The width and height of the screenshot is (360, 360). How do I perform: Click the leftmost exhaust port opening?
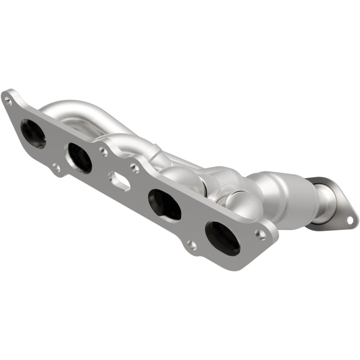(33, 133)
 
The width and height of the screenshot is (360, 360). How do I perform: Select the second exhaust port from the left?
(79, 158)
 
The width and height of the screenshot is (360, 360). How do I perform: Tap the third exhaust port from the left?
(164, 204)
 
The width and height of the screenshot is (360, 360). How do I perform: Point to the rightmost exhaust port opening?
(222, 238)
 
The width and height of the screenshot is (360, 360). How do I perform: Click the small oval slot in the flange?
(119, 181)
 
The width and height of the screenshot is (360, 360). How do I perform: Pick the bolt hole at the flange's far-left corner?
(8, 101)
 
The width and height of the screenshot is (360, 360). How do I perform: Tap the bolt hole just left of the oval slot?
(102, 150)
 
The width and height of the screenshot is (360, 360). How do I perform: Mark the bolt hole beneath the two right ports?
(191, 244)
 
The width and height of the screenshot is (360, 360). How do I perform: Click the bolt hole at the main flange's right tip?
(260, 233)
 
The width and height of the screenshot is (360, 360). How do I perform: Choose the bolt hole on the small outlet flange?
(350, 219)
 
